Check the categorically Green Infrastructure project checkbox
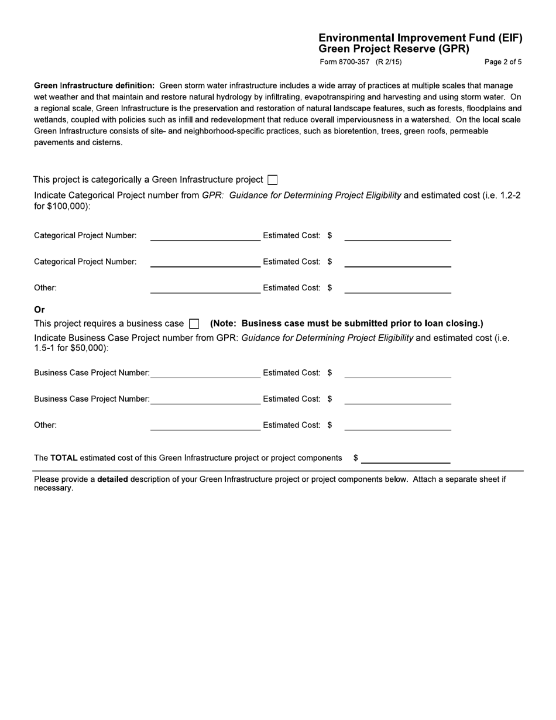[272, 180]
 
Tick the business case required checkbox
[194, 324]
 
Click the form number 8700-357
[345, 61]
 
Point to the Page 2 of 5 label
[503, 61]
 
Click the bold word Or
[39, 310]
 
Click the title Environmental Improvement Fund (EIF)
[420, 38]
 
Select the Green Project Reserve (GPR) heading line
[394, 49]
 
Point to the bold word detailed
[112, 479]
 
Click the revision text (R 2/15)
[389, 61]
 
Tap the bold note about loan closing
[346, 324]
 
